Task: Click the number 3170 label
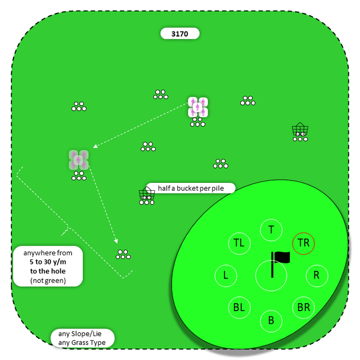(179, 34)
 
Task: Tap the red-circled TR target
(304, 243)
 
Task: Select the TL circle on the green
(239, 243)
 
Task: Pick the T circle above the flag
(271, 229)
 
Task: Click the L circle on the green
(226, 276)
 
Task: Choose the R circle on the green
(317, 276)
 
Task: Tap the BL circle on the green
(239, 308)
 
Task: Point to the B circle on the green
(271, 321)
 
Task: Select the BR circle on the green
(304, 308)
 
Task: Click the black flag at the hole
(281, 258)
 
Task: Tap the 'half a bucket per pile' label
(191, 188)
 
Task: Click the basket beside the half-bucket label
(147, 195)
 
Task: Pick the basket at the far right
(300, 130)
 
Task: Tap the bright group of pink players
(198, 107)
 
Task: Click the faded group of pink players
(79, 160)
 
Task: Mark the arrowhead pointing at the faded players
(95, 147)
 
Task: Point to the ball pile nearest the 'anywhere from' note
(123, 254)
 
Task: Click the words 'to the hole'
(48, 271)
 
